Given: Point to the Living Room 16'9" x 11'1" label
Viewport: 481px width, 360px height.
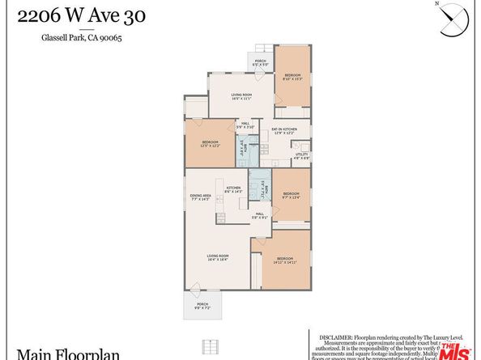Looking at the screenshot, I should pyautogui.click(x=242, y=95).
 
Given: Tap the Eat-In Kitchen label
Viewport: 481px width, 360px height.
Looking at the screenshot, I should pyautogui.click(x=283, y=130).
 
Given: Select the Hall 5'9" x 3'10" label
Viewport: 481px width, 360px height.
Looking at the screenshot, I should pyautogui.click(x=245, y=125).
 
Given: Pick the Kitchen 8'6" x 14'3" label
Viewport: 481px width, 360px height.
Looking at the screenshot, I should pyautogui.click(x=233, y=189).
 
